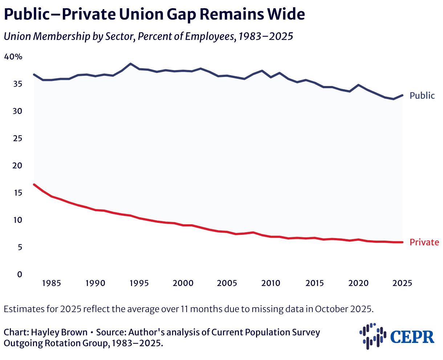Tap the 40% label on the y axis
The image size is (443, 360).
pos(13,57)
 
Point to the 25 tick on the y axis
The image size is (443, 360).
pos(17,138)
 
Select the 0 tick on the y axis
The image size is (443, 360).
pos(20,274)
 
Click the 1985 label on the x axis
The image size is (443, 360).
pos(51,283)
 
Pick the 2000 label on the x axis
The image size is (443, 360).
pos(183,283)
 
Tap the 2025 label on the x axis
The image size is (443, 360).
pos(402,283)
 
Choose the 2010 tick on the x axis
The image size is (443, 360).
pos(271,283)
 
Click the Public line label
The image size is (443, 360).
pos(422,95)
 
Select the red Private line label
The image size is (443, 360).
pos(424,242)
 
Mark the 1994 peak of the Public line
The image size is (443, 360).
pos(130,64)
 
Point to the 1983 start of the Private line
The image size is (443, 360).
pos(34,184)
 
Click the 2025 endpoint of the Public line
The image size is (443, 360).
pos(402,95)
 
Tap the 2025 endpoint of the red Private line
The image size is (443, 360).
pos(402,242)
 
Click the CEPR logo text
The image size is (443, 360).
pos(412,337)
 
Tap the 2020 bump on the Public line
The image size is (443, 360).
pos(358,85)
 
